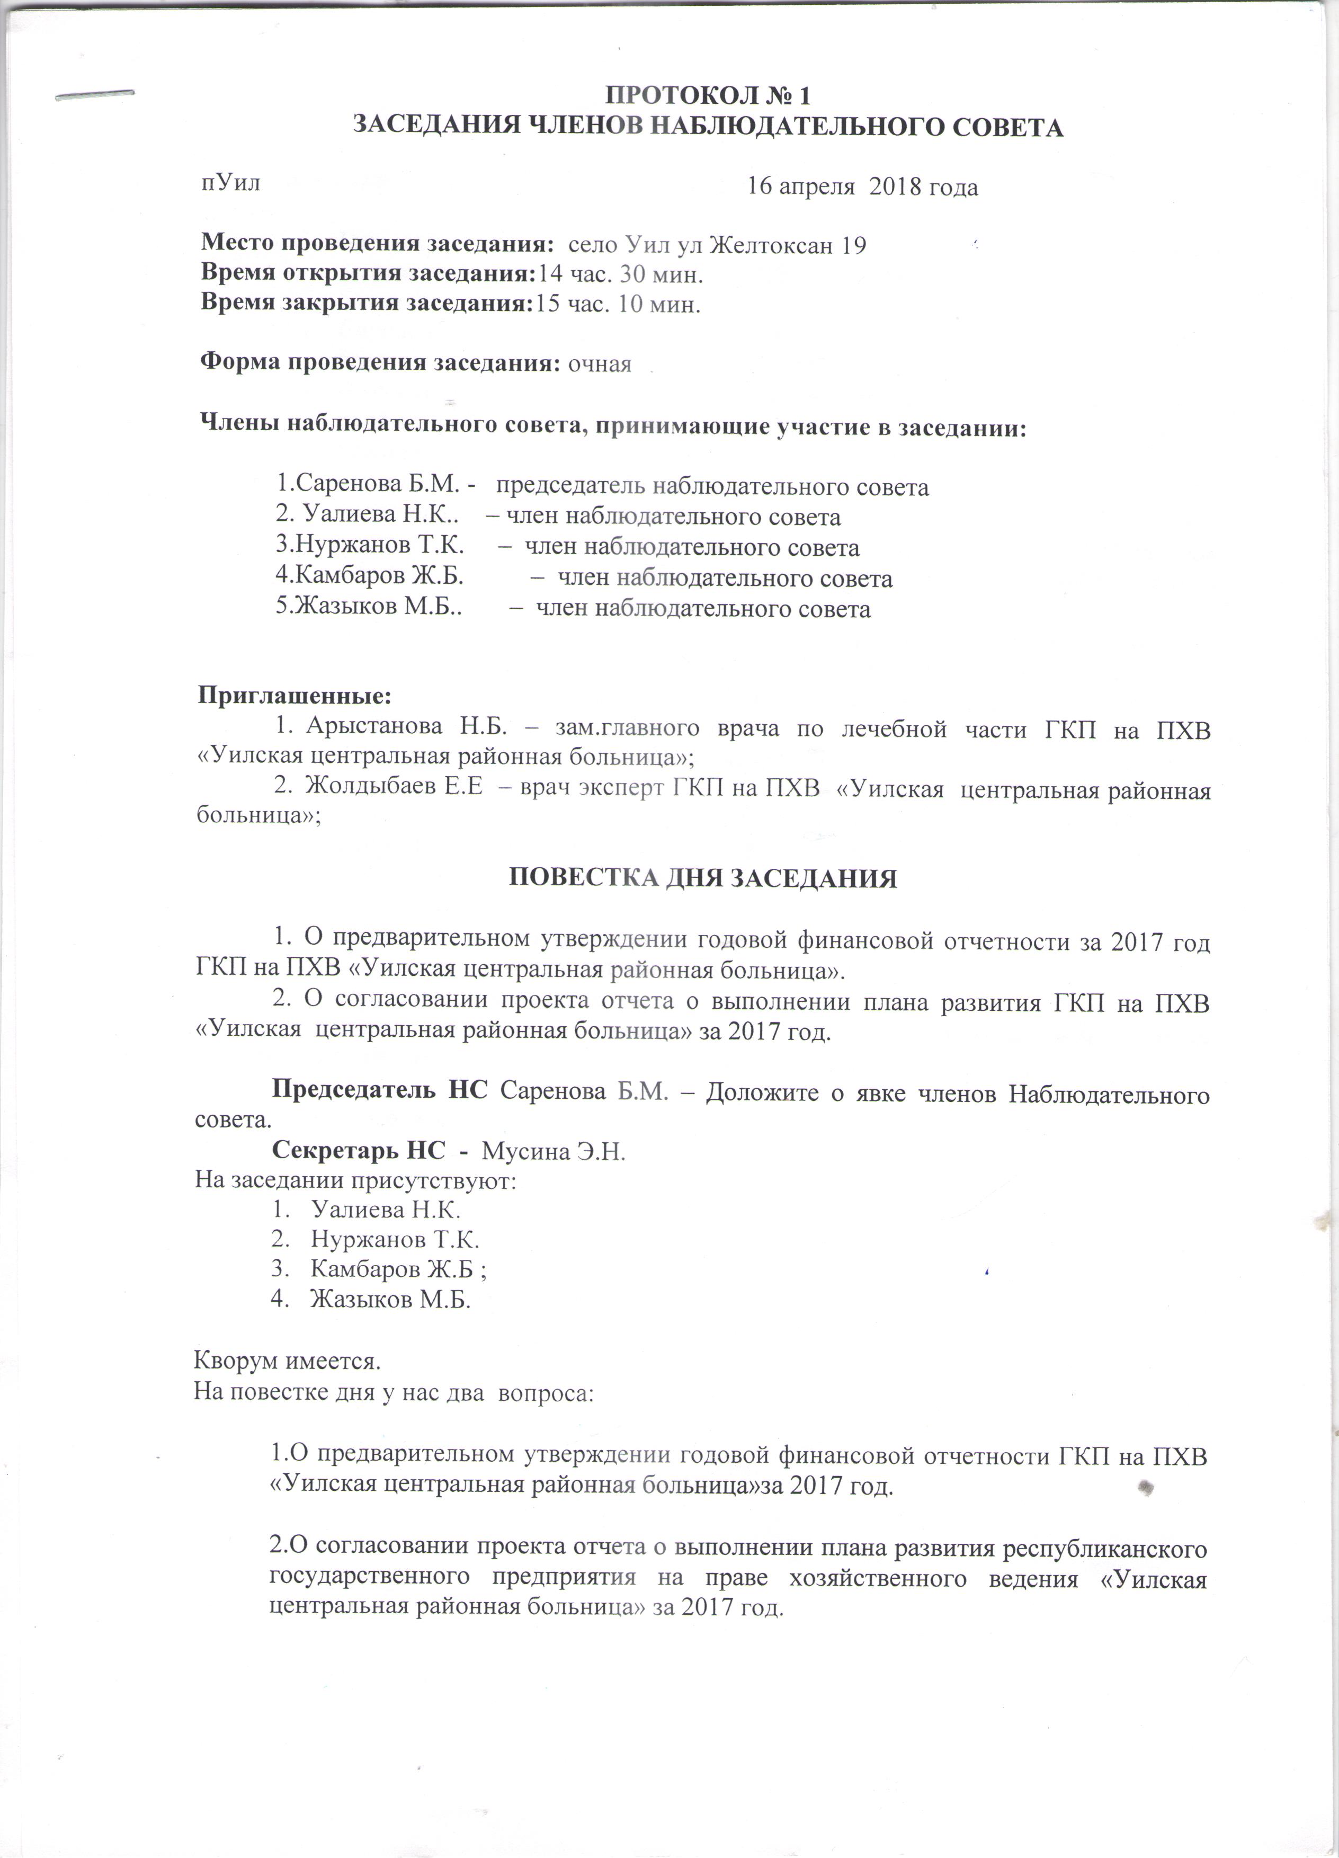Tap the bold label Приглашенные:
295,696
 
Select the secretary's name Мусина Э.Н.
554,1151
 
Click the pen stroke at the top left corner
94,95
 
